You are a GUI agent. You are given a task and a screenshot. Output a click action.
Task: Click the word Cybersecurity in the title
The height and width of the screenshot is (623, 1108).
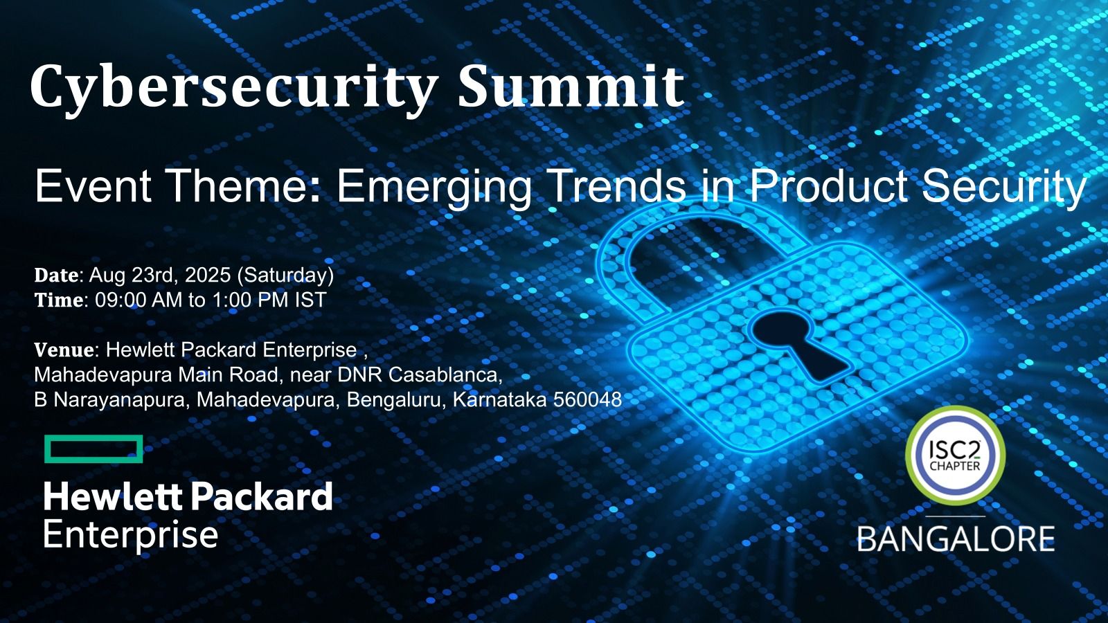(233, 89)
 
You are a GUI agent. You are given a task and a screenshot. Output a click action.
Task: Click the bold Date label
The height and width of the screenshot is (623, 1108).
(56, 275)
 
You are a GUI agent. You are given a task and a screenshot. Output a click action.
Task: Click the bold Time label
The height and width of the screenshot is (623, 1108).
(58, 300)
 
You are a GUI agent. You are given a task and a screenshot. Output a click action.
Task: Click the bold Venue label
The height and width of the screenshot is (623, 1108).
(64, 350)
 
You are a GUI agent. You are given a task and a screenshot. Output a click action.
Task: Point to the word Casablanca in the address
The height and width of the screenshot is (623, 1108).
(445, 374)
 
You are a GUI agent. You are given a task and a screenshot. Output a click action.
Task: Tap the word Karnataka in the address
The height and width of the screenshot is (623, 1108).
(499, 399)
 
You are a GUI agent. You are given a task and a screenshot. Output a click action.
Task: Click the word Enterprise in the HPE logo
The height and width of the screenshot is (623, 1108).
(131, 535)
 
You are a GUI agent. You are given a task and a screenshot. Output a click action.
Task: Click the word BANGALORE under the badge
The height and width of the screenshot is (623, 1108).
(956, 539)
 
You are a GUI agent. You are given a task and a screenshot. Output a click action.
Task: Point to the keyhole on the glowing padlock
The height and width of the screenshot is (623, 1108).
(801, 346)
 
